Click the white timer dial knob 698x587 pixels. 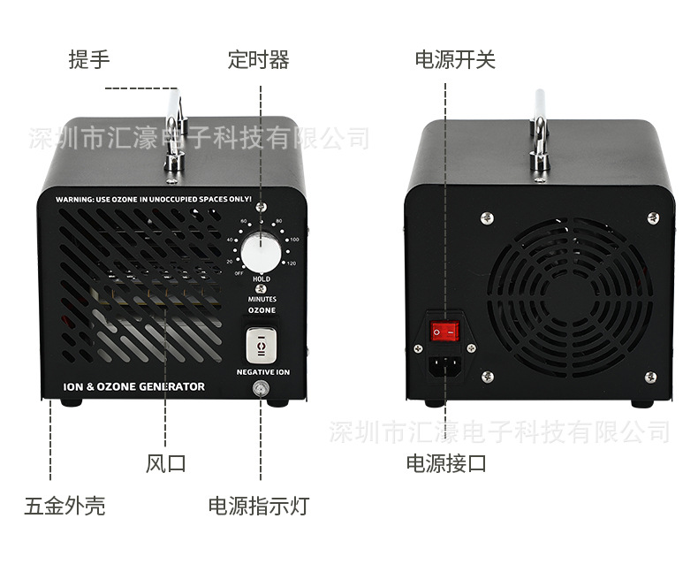click(262, 252)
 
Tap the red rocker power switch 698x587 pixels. click(446, 332)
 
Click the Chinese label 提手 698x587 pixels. click(89, 60)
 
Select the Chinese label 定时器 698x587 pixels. click(258, 60)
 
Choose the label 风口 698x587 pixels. click(166, 462)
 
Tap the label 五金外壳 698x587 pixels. click(64, 506)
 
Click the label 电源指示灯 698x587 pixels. click(259, 506)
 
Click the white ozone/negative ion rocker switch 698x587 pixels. click(262, 345)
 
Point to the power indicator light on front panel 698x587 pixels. click(262, 390)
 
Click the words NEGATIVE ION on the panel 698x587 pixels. click(262, 372)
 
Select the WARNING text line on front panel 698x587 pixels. click(154, 200)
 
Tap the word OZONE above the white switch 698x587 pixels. click(262, 311)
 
